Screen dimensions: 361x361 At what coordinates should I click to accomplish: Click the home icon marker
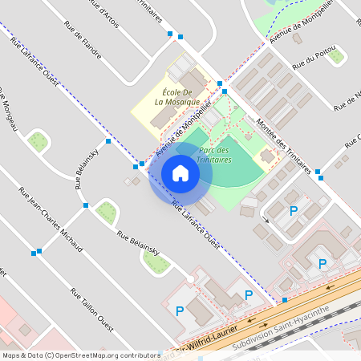(180, 173)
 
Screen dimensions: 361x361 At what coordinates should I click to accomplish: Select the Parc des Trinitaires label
(214, 155)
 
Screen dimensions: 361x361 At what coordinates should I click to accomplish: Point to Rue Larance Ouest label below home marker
(197, 224)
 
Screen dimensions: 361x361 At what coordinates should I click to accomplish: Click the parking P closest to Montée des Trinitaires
(294, 211)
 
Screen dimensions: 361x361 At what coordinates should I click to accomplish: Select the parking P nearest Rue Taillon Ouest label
(180, 310)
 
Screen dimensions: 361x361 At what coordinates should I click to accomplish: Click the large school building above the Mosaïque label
(193, 80)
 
